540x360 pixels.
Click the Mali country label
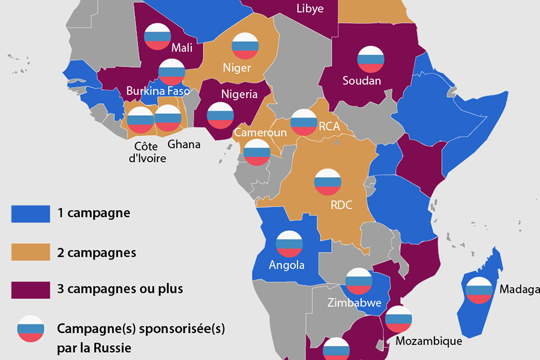182,47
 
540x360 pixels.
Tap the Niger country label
236,68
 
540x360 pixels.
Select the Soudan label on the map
362,80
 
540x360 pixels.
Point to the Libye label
310,8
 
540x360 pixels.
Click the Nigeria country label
239,94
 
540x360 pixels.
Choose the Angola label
287,265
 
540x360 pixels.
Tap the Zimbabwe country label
355,303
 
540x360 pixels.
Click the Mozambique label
429,341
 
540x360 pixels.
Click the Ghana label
184,144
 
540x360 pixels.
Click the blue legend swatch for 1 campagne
31,213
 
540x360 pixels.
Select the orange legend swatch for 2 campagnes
31,252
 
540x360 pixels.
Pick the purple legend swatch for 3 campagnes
31,289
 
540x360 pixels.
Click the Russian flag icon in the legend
31,329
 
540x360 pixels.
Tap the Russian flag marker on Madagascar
479,290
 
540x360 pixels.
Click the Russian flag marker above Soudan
371,59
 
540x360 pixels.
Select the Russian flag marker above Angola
289,244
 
